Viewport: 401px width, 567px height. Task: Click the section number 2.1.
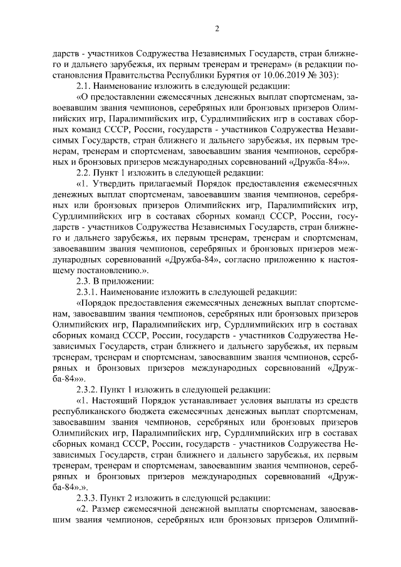(x=85, y=86)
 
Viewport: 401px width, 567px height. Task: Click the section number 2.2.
(x=85, y=173)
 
